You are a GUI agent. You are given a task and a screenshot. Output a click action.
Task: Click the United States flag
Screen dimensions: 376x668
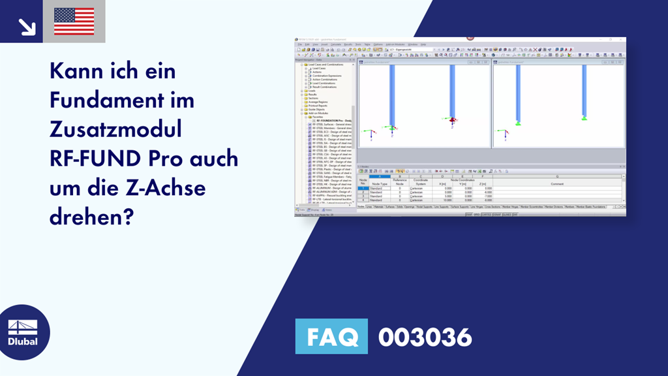click(x=74, y=22)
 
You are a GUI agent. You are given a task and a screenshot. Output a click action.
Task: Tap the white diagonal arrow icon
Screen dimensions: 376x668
click(x=26, y=26)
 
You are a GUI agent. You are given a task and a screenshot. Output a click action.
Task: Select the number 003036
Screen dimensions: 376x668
click(x=425, y=337)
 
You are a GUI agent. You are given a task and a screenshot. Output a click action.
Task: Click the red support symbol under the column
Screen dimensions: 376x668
click(x=451, y=120)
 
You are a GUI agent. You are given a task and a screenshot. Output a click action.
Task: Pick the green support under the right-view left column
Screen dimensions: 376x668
click(x=518, y=122)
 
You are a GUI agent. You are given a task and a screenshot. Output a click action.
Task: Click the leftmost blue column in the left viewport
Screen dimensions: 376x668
click(x=392, y=95)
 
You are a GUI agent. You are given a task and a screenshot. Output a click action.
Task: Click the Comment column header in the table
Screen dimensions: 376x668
click(x=556, y=184)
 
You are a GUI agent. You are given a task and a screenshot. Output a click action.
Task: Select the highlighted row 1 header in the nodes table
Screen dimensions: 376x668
click(x=363, y=189)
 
